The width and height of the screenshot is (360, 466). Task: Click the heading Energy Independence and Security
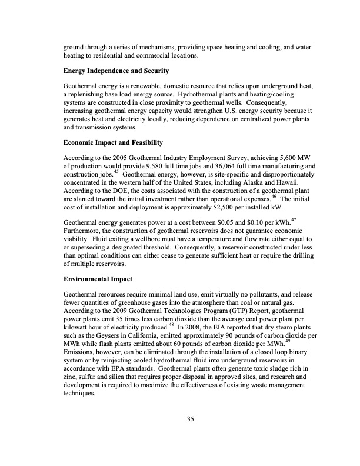(x=116, y=71)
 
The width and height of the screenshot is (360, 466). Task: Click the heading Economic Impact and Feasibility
(x=113, y=142)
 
